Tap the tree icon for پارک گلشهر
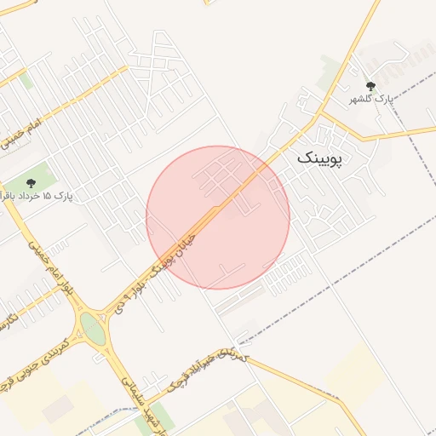coord(370,86)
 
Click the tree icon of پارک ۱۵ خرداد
coord(32,182)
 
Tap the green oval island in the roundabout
coord(93,330)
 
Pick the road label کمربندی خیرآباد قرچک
coord(208,370)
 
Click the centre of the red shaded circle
coord(218,217)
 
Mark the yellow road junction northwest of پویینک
coord(323,112)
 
